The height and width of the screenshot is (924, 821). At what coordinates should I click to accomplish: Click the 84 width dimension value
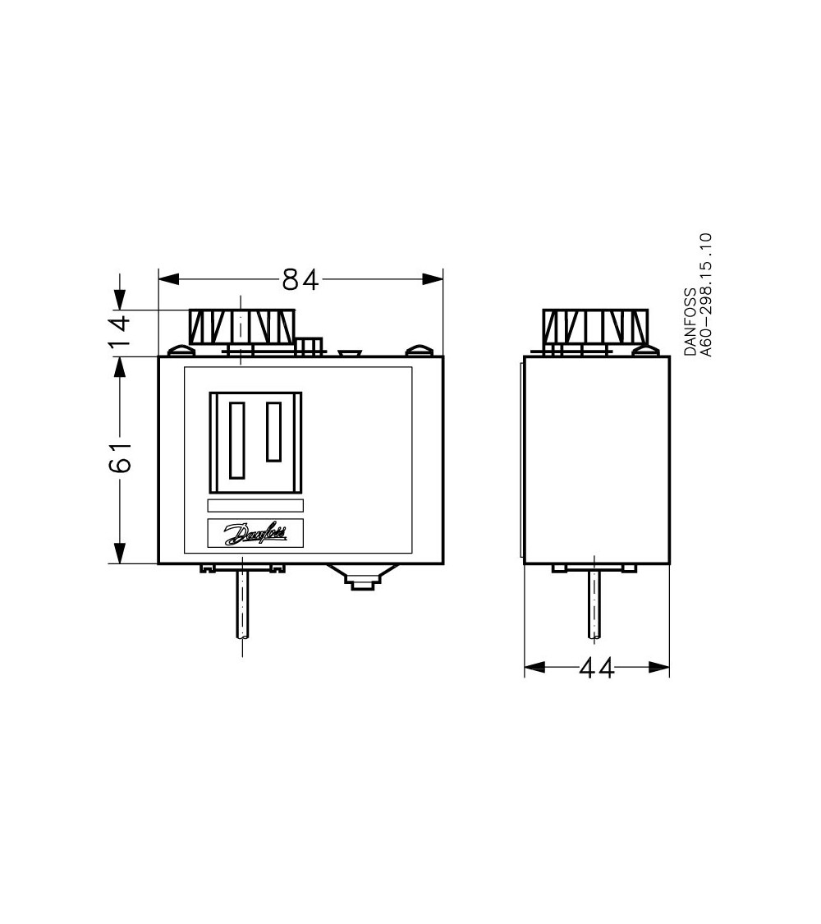coord(300,280)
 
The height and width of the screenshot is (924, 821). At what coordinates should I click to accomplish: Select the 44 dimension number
coord(596,669)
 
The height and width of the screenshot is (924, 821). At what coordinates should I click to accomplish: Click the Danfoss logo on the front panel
coord(255,534)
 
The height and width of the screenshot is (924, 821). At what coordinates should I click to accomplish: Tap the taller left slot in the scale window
coord(237,440)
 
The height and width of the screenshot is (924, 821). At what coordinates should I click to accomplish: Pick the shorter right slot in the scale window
coord(274,432)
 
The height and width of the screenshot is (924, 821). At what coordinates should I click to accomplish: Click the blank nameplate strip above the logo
coord(255,507)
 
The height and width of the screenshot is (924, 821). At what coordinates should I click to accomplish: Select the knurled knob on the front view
coord(241,327)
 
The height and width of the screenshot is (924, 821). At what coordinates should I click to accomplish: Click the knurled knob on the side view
coord(596,327)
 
